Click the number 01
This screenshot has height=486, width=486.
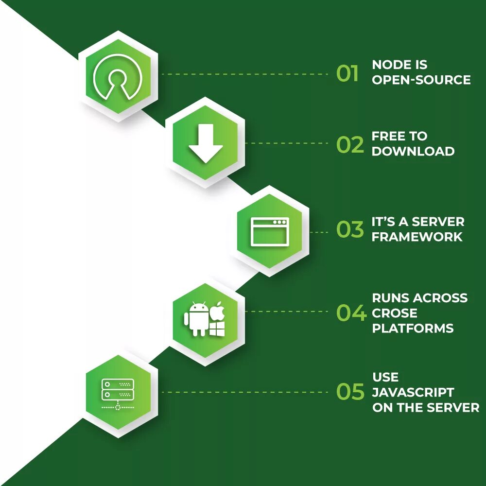pos(347,74)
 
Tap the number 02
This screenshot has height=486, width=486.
pos(350,145)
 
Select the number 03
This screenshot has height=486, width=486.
pos(350,230)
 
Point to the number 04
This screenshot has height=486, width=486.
pos(351,313)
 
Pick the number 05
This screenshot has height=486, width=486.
pos(350,392)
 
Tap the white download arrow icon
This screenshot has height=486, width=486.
pos(206,143)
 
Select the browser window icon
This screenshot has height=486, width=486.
pos(270,232)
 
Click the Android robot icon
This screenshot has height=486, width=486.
pos(197,319)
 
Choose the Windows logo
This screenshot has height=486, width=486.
pos(217,328)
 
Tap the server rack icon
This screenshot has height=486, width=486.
pos(118,394)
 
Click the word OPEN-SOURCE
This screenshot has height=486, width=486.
pos(421,80)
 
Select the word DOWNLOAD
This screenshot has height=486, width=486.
pos(413,151)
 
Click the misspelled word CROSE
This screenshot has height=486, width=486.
pos(395,313)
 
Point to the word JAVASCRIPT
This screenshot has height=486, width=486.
pos(413,392)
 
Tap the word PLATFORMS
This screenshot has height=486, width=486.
pos(413,329)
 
